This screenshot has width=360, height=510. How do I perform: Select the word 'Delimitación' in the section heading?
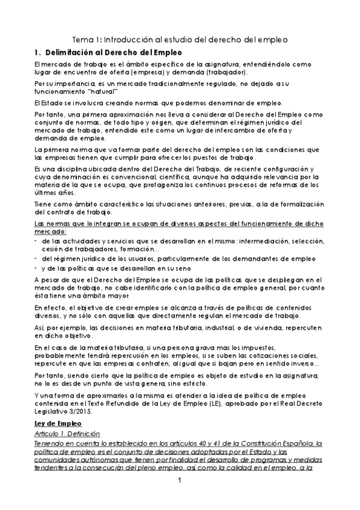click(75, 53)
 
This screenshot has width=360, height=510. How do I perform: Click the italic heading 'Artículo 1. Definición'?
click(68, 434)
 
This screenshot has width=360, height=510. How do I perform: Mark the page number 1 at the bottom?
click(180, 481)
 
